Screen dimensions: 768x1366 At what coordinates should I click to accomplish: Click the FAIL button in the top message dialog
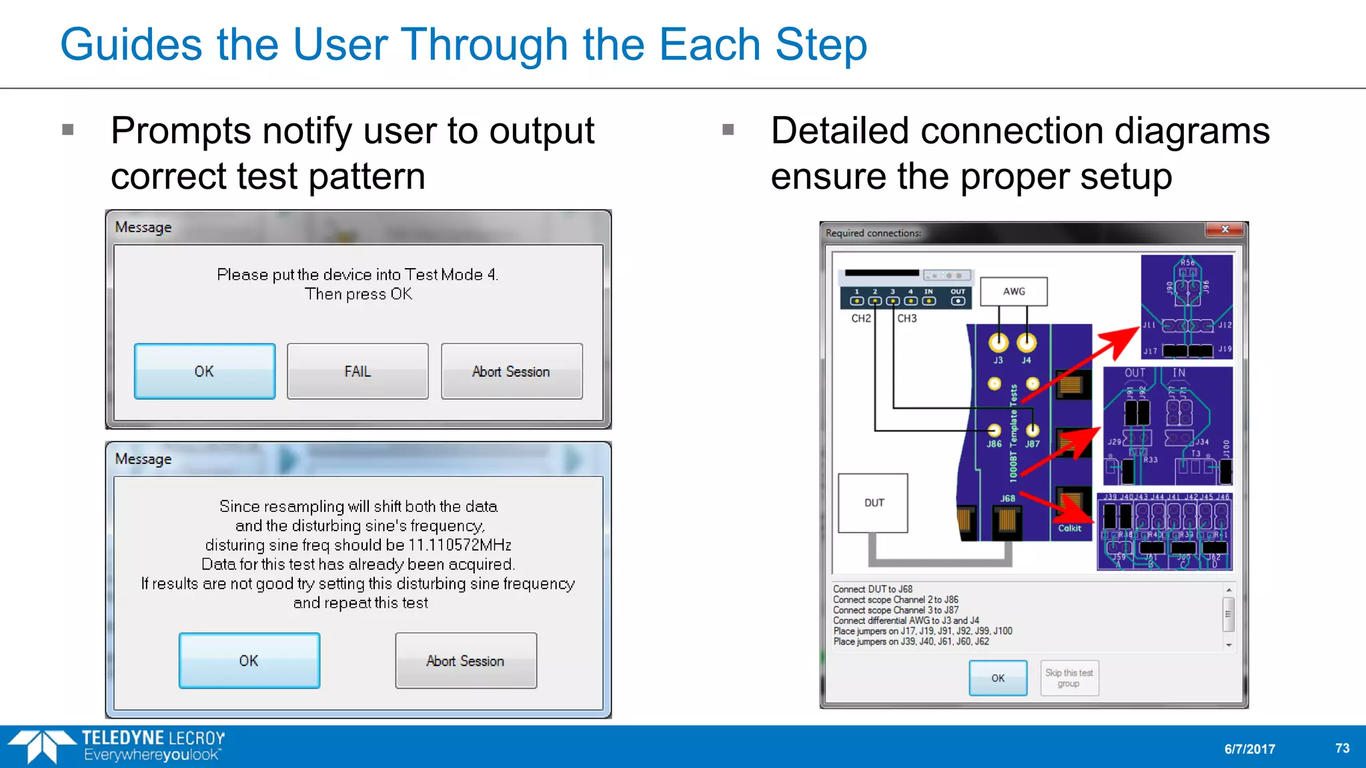coord(358,371)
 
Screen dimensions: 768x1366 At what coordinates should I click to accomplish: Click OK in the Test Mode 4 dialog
coord(205,371)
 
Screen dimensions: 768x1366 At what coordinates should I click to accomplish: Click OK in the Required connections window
coord(998,678)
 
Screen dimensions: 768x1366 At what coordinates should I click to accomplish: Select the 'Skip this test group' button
coord(1069,678)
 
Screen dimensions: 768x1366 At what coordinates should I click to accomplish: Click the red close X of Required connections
coord(1225,229)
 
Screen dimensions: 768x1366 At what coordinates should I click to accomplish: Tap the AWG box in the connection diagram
coord(1014,291)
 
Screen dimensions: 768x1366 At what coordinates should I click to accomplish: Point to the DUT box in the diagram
coord(873,503)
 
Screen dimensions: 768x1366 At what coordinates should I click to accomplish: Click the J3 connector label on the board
coord(998,360)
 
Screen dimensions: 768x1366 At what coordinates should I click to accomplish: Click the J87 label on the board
coord(1033,444)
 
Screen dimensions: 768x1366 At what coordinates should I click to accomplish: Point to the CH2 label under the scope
coord(861,319)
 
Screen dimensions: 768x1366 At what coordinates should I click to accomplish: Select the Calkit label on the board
coord(1069,528)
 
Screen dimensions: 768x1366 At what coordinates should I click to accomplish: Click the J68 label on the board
coord(1008,498)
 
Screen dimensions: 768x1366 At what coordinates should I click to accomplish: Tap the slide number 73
coord(1342,748)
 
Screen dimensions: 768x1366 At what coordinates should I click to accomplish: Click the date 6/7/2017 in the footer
coord(1249,749)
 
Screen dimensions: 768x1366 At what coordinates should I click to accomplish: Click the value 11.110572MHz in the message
coord(460,545)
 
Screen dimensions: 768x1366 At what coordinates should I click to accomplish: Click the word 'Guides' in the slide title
coord(131,45)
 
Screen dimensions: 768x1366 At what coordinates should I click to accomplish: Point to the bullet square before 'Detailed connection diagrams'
coord(728,129)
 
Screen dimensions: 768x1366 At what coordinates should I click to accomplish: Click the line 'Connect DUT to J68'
coord(872,589)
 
